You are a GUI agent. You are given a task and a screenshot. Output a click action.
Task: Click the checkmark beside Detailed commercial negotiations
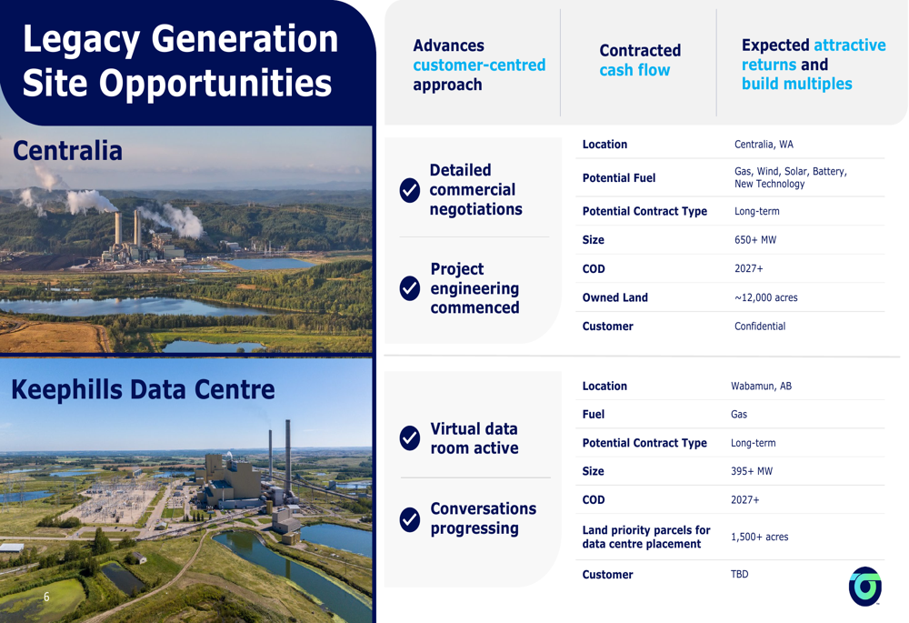point(410,190)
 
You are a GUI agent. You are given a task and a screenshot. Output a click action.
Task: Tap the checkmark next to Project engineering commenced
point(410,288)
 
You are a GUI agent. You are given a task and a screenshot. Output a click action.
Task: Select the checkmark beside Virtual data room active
point(410,438)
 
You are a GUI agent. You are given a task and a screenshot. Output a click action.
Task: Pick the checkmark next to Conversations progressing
point(410,519)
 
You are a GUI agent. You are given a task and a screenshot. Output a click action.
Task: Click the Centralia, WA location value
point(764,145)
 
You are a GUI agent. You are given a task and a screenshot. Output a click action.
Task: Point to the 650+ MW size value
point(754,239)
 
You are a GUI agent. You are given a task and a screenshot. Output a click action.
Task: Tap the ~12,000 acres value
point(765,297)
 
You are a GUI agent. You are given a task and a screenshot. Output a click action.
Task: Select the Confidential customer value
point(759,326)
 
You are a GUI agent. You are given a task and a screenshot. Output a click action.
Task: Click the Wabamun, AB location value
point(761,386)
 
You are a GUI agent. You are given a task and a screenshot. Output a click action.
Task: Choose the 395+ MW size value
point(752,471)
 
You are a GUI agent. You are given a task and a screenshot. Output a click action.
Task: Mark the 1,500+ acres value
point(759,537)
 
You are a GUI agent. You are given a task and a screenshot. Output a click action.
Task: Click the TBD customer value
point(739,574)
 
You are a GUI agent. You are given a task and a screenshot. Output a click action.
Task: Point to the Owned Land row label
point(615,297)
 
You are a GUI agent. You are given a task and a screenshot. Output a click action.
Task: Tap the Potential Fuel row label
point(618,178)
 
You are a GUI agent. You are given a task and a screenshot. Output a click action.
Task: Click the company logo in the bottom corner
point(865,587)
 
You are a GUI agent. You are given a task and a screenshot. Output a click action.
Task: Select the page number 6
point(46,597)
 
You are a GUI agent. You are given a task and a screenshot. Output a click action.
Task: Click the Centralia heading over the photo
point(67,151)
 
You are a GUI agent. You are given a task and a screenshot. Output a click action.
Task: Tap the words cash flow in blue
point(634,70)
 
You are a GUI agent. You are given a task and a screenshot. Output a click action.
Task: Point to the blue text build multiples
point(796,84)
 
